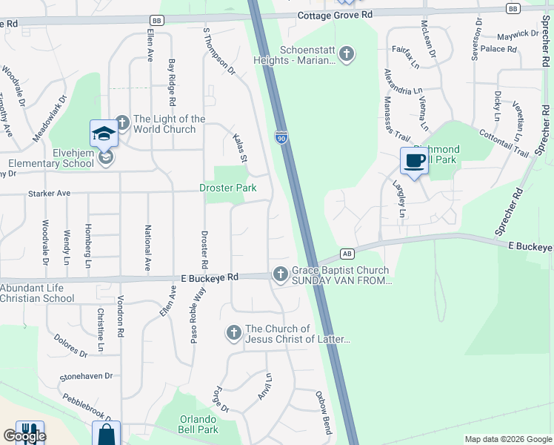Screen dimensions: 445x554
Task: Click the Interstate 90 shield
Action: click(281, 138)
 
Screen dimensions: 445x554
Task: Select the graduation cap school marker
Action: click(104, 133)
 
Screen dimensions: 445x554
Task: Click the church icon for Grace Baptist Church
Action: click(280, 274)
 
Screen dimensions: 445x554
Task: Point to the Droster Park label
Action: click(228, 188)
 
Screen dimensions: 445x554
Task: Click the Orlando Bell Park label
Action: click(198, 424)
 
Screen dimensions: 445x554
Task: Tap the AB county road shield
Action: click(347, 254)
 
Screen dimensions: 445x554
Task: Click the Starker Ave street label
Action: click(49, 194)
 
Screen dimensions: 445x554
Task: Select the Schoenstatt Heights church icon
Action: click(346, 54)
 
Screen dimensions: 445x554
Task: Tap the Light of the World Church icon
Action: click(121, 124)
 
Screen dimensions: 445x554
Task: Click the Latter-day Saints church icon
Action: click(233, 334)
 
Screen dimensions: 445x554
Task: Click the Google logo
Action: click(24, 436)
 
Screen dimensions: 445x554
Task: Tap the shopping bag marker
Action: click(106, 435)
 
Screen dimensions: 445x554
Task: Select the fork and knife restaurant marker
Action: click(30, 433)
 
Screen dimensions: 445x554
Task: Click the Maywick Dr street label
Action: click(518, 34)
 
